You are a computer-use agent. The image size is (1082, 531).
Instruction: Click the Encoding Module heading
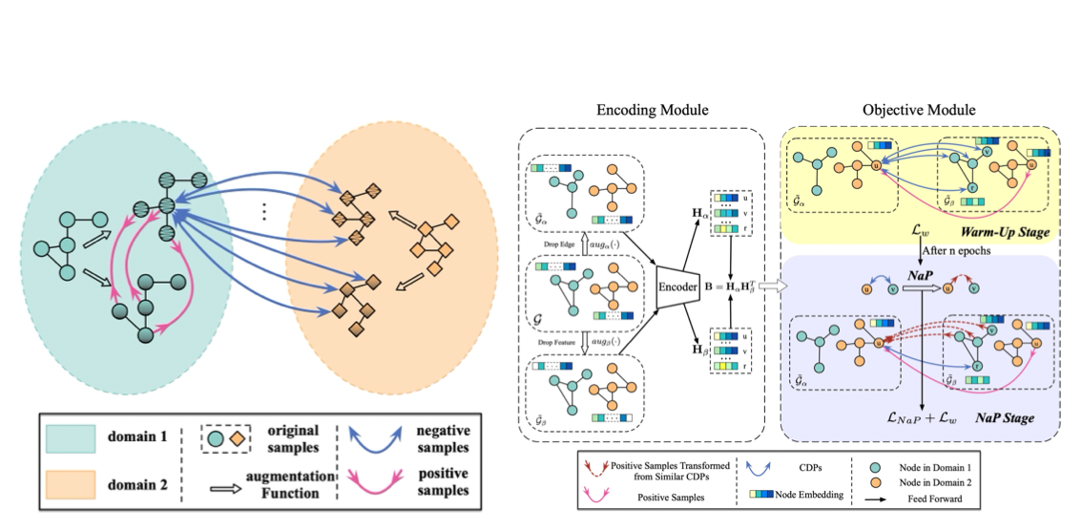pos(653,110)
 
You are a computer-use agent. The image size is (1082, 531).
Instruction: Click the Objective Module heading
pos(919,110)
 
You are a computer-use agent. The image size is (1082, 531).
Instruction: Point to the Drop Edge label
pos(557,247)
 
